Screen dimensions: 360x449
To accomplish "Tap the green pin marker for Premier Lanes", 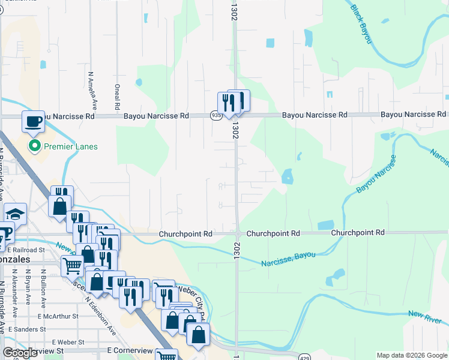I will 35,146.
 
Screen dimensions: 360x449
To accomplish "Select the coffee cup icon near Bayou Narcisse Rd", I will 34,122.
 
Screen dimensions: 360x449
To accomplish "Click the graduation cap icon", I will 15,214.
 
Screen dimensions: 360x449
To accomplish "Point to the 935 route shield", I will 215,115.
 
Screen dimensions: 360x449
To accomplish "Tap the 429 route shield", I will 305,356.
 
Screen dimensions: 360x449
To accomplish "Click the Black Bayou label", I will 361,25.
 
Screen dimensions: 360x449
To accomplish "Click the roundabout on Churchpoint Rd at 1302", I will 238,233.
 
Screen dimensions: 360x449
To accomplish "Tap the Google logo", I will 20,353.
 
